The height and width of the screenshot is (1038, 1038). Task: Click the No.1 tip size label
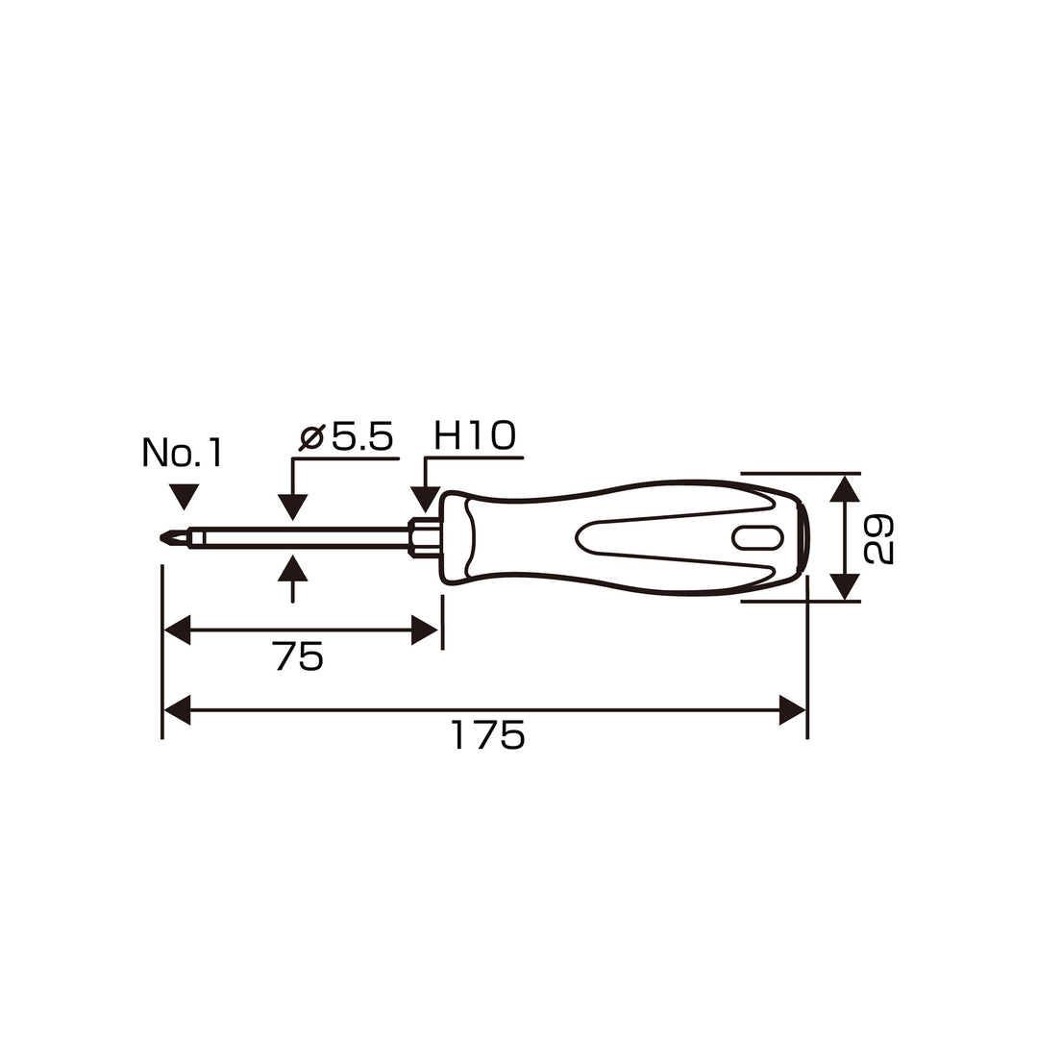pos(182,453)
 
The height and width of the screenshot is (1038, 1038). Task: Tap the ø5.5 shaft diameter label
pos(346,436)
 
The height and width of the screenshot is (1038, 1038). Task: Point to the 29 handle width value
pos(879,539)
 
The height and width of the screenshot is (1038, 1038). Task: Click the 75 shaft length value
pos(298,656)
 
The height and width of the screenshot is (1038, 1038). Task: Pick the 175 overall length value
pos(488,735)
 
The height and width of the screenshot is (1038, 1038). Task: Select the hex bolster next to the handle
pos(424,536)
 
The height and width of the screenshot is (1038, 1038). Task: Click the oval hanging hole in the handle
pos(758,538)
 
